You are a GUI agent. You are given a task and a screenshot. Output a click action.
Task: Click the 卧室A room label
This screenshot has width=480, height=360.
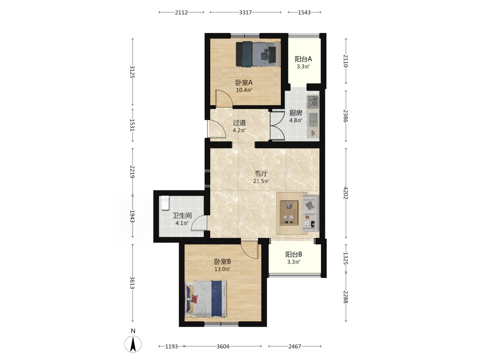(x=244, y=83)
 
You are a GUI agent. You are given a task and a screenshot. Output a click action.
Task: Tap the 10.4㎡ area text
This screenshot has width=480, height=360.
(x=244, y=90)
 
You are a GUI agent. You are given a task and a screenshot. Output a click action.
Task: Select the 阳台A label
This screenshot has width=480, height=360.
(x=303, y=59)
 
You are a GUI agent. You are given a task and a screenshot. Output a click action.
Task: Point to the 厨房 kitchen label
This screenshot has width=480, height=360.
(x=296, y=113)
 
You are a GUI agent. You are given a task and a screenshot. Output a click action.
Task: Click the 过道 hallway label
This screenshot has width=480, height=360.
(x=239, y=123)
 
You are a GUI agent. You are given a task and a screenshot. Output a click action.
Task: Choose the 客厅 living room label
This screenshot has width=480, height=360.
(x=261, y=173)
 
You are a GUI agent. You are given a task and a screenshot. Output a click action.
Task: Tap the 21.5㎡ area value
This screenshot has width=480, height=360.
(x=261, y=181)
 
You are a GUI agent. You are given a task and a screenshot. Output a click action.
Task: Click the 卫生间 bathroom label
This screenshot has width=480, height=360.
(x=182, y=216)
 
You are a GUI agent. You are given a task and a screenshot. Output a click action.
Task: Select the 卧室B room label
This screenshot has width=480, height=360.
(x=223, y=261)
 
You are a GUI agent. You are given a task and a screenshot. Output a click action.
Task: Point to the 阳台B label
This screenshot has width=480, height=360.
(x=294, y=254)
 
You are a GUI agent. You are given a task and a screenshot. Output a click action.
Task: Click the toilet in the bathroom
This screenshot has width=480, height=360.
(x=165, y=203)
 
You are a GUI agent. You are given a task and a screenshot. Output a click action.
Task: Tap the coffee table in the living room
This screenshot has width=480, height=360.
(x=289, y=213)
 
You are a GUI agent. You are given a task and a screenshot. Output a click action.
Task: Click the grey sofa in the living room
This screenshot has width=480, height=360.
(x=311, y=214)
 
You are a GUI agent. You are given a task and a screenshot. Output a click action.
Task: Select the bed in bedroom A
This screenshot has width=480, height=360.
(x=258, y=54)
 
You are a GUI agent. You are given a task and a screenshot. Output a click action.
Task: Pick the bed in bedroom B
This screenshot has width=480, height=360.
(x=206, y=299)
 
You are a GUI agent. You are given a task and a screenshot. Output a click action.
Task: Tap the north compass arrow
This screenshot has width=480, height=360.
(x=133, y=344)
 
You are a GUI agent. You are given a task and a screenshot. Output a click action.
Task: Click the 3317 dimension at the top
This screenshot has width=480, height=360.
(x=245, y=12)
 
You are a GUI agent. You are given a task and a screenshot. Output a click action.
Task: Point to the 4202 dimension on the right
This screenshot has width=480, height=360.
(x=346, y=193)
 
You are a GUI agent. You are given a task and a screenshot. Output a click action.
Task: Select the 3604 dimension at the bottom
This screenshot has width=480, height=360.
(x=223, y=346)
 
